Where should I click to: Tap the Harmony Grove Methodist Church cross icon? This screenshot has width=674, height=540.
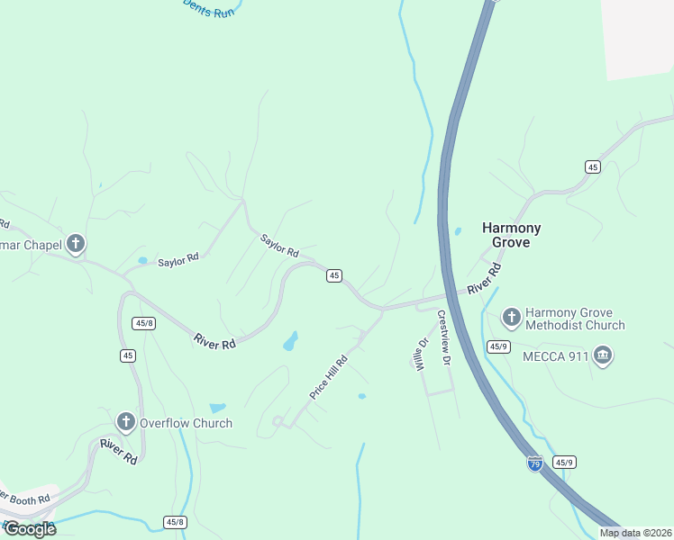pos(512,317)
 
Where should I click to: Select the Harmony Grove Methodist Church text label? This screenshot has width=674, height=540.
pos(574,317)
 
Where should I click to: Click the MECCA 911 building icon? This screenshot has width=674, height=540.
pos(603,356)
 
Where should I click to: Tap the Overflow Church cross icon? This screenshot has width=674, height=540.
pos(125,422)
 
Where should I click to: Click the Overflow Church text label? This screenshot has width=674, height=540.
pos(186,423)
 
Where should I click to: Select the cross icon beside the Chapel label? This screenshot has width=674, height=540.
pos(76,244)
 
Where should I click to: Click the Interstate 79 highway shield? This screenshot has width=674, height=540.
pos(534,463)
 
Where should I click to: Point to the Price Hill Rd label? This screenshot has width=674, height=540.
pos(328,376)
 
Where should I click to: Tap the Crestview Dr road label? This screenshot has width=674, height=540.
pos(443,337)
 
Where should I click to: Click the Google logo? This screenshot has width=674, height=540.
pos(29,529)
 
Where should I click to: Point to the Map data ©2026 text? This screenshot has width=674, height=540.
pos(634,533)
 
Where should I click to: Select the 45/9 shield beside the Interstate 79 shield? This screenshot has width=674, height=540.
pos(565,462)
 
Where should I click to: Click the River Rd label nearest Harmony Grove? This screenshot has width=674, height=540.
pos(484,281)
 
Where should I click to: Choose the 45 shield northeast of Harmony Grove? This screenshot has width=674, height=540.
pos(592,166)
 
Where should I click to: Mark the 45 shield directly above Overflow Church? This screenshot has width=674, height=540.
pos(128,355)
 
